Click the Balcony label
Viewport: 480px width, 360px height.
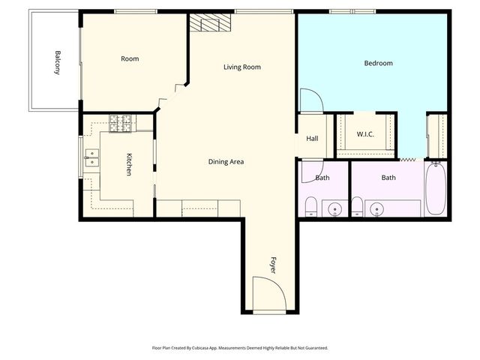(57, 62)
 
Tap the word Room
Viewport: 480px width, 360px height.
(130, 58)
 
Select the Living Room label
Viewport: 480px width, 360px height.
(241, 67)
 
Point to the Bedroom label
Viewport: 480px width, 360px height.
(378, 63)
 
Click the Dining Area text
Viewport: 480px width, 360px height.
(226, 161)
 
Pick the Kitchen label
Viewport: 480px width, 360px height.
(129, 164)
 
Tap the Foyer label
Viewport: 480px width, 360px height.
(274, 264)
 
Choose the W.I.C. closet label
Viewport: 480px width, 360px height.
(365, 134)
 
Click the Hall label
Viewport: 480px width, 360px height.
(312, 138)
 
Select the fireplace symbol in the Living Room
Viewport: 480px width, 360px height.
(208, 23)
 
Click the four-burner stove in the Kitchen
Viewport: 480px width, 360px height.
(120, 122)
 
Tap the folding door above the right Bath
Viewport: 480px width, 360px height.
(408, 160)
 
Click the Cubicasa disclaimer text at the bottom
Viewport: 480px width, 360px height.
(240, 347)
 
